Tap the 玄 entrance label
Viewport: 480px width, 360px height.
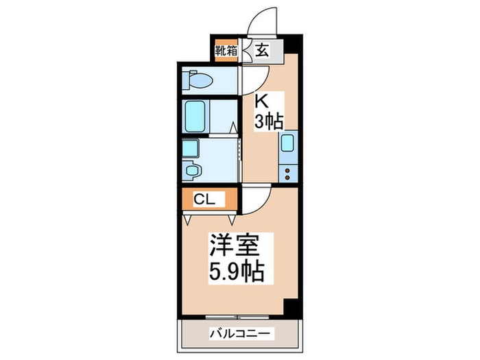(x=262, y=49)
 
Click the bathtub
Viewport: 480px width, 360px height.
(x=197, y=117)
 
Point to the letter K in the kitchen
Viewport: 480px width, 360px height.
(x=261, y=100)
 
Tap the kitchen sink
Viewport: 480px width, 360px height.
(x=289, y=145)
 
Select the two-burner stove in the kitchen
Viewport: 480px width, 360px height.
(x=289, y=171)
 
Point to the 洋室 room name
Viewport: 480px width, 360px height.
(x=232, y=245)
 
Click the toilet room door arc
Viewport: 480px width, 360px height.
(x=247, y=82)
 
